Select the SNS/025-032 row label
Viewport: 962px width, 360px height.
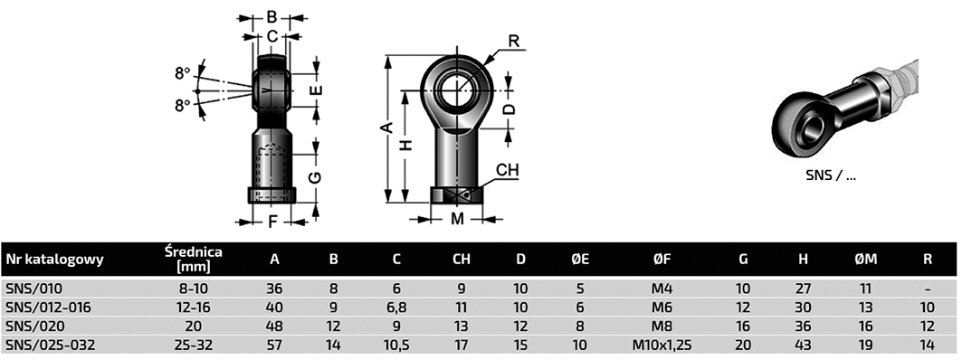51,346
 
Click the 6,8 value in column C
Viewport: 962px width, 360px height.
397,308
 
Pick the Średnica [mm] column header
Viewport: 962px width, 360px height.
194,258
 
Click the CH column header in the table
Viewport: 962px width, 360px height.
462,259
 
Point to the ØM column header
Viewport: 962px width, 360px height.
866,259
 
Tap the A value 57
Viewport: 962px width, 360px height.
274,346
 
